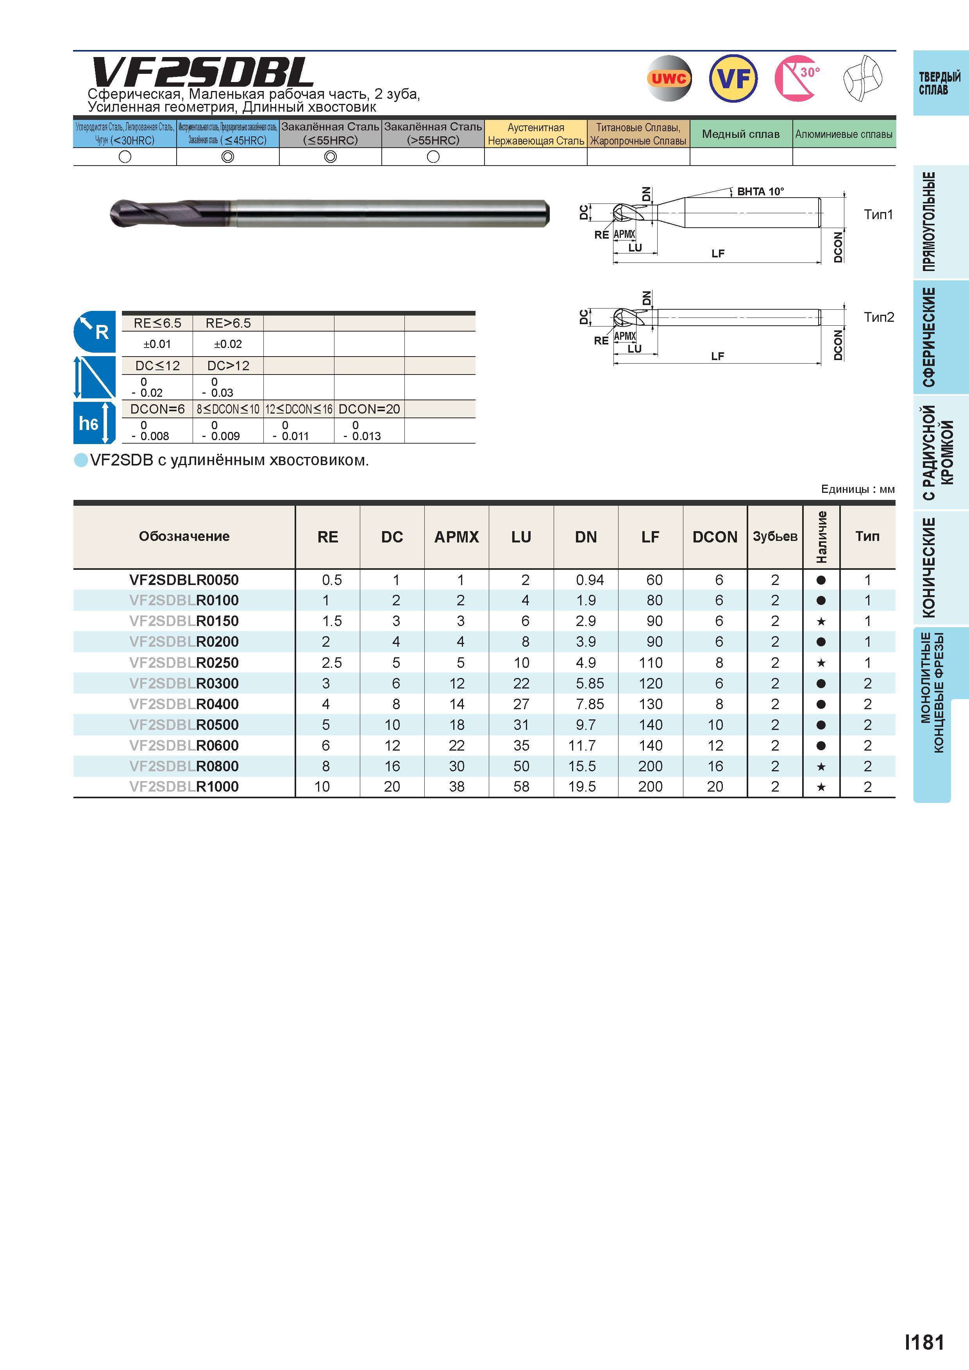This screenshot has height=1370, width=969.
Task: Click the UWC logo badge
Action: tap(669, 78)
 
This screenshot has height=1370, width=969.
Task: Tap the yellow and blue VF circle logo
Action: tap(733, 78)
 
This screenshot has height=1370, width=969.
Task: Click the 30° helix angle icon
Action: tap(797, 78)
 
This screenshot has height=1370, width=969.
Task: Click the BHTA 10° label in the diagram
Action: tap(760, 191)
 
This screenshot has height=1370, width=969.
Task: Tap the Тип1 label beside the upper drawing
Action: tap(878, 214)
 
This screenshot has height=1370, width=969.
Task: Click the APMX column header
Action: tap(457, 537)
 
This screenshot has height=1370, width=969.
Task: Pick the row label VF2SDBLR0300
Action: tap(184, 683)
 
